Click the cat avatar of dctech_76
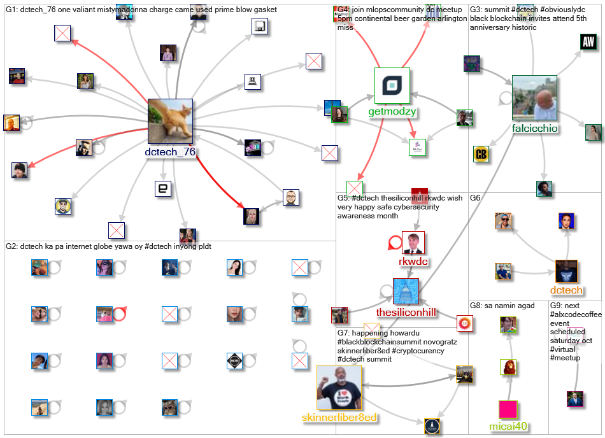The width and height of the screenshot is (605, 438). (170, 122)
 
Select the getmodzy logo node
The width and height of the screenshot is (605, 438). (392, 85)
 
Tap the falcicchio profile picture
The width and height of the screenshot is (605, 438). (534, 98)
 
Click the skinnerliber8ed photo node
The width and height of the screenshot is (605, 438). (339, 387)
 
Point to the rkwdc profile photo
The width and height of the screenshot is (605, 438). (413, 243)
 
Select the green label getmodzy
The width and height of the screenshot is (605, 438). (392, 112)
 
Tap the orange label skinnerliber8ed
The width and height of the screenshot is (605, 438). (339, 418)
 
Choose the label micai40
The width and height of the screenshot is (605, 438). (509, 427)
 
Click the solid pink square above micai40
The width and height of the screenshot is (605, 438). (508, 409)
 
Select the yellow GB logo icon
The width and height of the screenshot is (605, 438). (481, 154)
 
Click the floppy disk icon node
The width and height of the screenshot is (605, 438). (260, 27)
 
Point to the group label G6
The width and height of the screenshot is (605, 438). (476, 198)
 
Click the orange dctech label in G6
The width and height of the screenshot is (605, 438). (566, 290)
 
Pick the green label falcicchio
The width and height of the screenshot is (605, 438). (535, 129)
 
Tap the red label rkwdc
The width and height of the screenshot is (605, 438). (413, 261)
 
